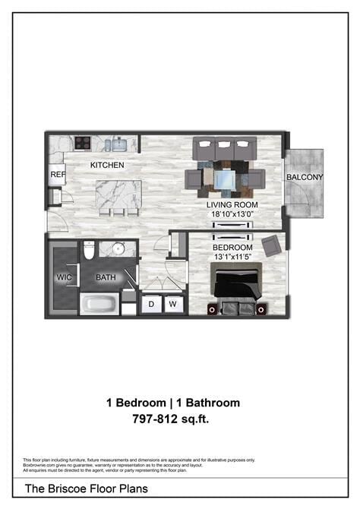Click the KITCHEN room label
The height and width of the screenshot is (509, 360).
point(107,165)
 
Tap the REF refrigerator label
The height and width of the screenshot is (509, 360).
point(58,175)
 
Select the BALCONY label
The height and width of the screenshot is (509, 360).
point(305,178)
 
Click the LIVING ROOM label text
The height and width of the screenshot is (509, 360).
point(232,205)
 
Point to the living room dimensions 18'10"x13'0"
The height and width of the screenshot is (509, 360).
point(232,215)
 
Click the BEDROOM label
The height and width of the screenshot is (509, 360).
point(232,248)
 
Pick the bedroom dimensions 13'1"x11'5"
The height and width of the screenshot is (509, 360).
point(232,258)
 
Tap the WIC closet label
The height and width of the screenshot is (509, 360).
point(63,277)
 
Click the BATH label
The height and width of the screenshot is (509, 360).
point(106,277)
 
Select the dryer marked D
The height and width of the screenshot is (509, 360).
point(151,305)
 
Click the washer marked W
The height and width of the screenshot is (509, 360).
point(172,305)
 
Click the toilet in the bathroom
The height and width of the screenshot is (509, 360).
point(89,250)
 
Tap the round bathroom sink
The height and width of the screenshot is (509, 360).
point(118,248)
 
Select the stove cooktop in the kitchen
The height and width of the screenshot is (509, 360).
point(83,143)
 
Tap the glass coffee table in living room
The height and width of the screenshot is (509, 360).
point(225,179)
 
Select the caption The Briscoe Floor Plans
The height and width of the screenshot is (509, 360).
point(87,488)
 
